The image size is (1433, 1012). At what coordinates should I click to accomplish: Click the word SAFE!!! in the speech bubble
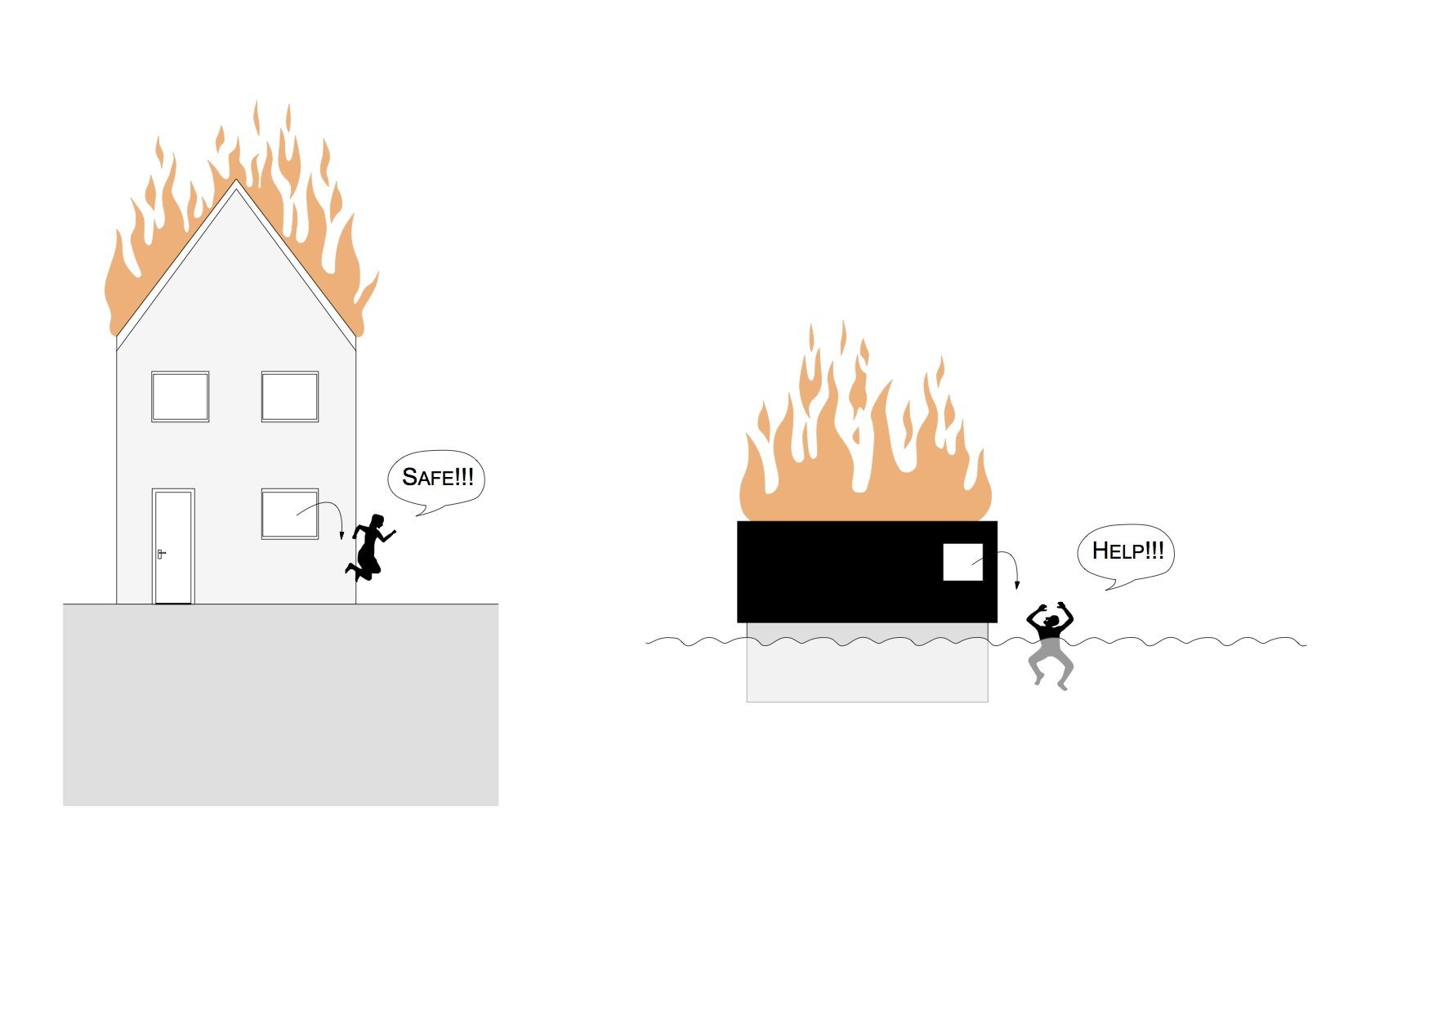pos(438,477)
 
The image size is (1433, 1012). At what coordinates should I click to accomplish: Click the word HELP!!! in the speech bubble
pos(1127,551)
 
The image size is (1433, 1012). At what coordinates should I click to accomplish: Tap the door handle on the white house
pos(161,554)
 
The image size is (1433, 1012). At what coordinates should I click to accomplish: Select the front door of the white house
pos(173,546)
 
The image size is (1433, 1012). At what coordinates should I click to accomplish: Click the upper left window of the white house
pos(180,397)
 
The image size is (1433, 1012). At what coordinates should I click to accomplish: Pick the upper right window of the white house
pos(290,397)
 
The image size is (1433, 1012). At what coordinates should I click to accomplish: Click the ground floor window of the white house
pos(290,514)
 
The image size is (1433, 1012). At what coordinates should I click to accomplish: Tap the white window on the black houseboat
pos(963,562)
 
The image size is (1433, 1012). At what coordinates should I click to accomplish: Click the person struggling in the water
pos(1051,645)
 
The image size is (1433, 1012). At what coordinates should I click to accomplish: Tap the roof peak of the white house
pos(236,181)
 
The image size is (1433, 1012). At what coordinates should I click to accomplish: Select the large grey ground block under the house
pos(280,705)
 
